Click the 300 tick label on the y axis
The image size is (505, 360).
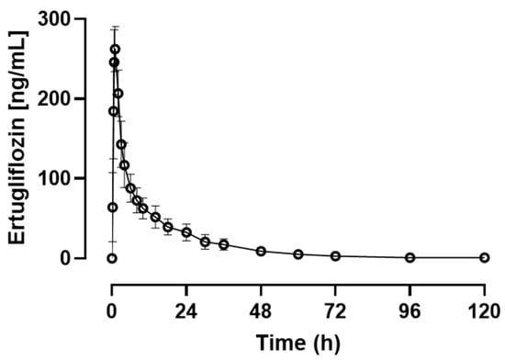tap(54, 19)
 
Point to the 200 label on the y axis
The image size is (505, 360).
tap(54, 98)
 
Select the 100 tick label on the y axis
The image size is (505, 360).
tap(54, 178)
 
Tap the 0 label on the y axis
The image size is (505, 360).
tap(65, 258)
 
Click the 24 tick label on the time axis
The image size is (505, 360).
tap(186, 311)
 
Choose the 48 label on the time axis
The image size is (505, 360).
tap(261, 311)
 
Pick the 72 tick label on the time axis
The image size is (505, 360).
tap(335, 311)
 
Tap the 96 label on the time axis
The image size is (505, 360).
tap(410, 311)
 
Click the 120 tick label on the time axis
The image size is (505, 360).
tap(484, 311)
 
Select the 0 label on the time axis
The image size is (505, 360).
tap(112, 311)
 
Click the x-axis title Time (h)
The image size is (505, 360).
tap(297, 343)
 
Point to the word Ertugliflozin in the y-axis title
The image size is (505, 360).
tap(17, 180)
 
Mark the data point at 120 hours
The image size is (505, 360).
tap(485, 258)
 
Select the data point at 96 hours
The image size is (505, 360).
tap(410, 258)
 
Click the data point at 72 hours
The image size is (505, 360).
tap(335, 256)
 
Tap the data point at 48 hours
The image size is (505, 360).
tap(261, 252)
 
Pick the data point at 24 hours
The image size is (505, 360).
tap(186, 232)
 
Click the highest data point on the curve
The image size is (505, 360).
tap(116, 50)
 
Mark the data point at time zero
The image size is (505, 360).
tap(112, 258)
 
